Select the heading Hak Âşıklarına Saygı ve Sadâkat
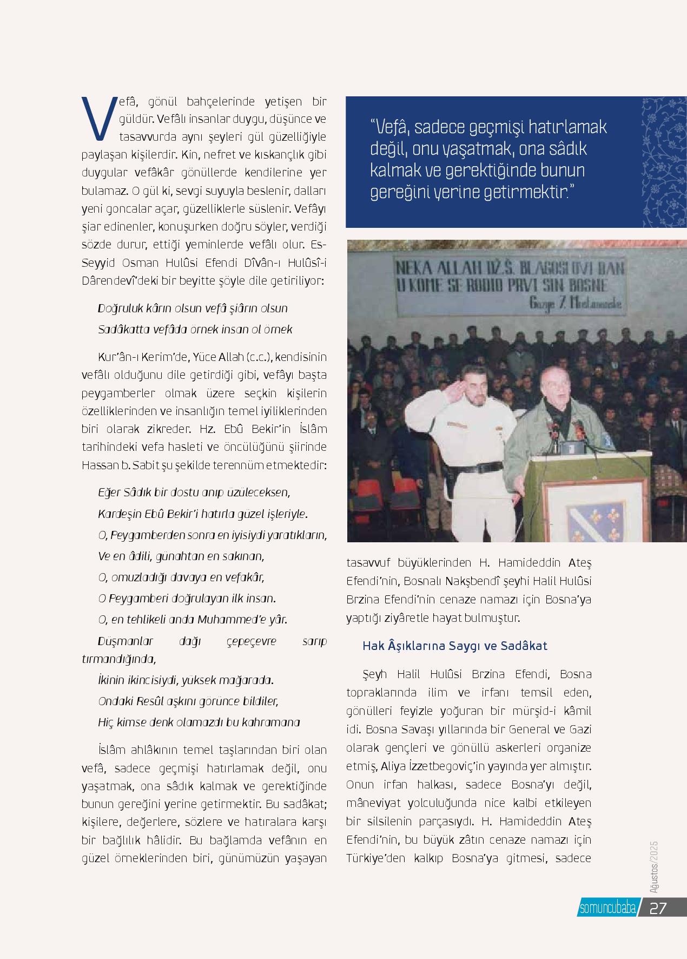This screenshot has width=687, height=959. click(454, 646)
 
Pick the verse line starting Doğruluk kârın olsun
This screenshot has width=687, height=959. click(193, 308)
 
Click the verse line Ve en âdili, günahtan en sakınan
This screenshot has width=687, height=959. click(181, 556)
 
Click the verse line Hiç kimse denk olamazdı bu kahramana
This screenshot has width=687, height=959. click(199, 722)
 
